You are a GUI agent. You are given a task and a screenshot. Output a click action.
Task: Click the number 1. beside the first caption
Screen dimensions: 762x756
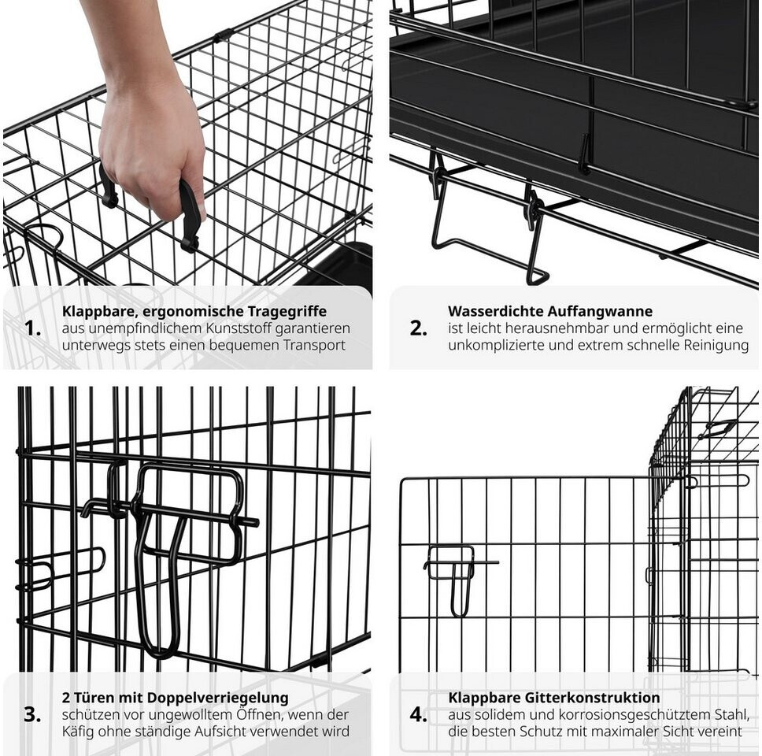(32, 328)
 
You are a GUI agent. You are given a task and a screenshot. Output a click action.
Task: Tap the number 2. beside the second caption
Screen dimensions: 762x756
(419, 328)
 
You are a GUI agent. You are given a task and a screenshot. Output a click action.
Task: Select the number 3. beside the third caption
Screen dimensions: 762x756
(32, 715)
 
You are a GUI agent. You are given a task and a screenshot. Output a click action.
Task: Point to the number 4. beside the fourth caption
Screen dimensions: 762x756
(419, 715)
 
